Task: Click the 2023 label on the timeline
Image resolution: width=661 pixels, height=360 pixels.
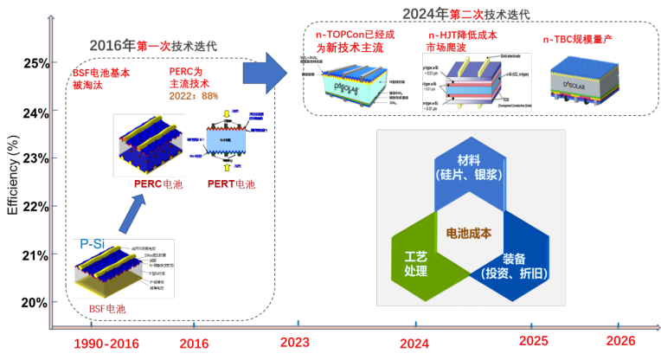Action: pos(295,342)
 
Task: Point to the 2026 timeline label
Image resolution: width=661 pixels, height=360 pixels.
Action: pos(620,341)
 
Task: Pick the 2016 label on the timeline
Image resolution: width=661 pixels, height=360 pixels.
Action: pos(194,344)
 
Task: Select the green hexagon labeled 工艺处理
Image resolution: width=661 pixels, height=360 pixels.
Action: pos(416,259)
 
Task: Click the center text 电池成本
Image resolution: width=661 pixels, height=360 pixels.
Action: pos(468,233)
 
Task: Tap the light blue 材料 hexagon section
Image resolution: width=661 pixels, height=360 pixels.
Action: pos(468,173)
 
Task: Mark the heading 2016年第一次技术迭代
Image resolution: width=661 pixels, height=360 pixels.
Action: pos(152,45)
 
